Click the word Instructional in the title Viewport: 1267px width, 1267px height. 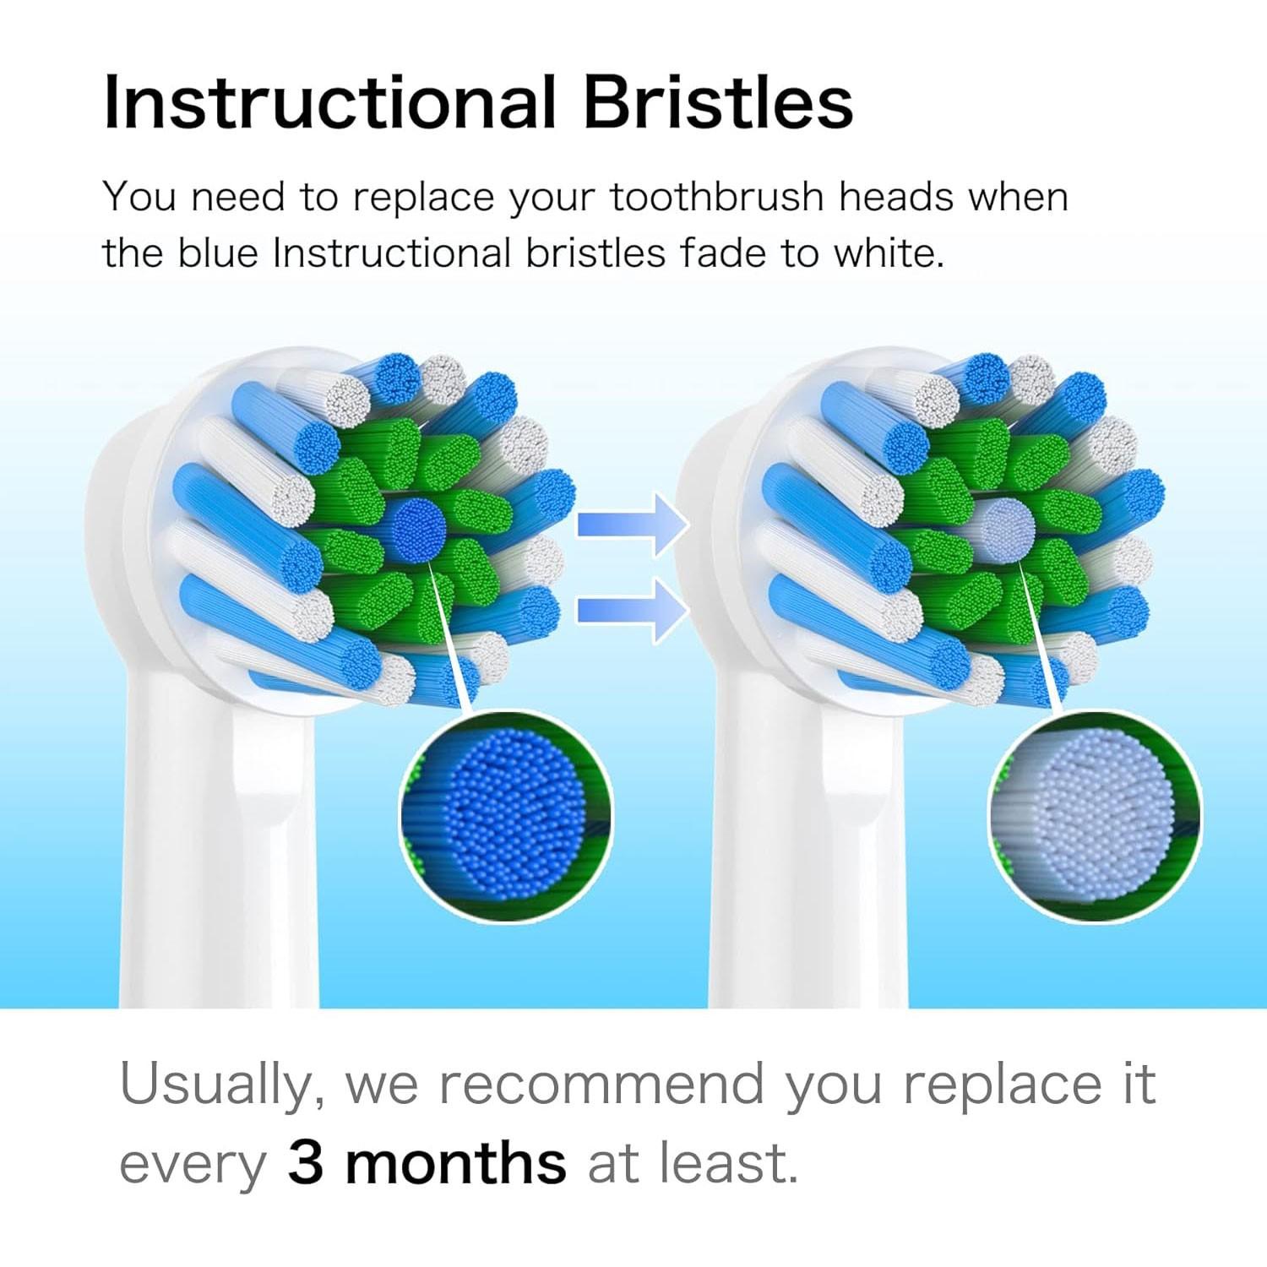click(x=329, y=103)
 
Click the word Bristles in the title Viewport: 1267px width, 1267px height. click(x=718, y=103)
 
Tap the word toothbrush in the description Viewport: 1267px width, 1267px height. click(x=716, y=198)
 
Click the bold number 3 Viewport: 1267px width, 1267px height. click(x=306, y=1164)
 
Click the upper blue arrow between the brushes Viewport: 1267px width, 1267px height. click(x=629, y=525)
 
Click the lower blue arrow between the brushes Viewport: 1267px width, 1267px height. click(x=629, y=608)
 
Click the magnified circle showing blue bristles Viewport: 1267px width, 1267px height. click(x=506, y=816)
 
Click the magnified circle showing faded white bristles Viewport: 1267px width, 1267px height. click(x=1095, y=816)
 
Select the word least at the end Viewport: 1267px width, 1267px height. click(x=727, y=1164)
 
